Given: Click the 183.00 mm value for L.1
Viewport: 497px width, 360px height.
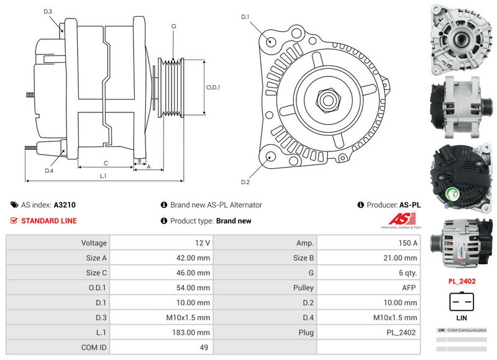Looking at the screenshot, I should (x=194, y=332).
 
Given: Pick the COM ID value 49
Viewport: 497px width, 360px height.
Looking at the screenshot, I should (x=204, y=348).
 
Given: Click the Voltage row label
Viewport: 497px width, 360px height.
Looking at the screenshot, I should (x=94, y=243).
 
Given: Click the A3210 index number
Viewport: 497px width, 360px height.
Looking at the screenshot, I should (x=65, y=205).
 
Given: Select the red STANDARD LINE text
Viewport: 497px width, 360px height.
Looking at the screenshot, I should (x=49, y=221).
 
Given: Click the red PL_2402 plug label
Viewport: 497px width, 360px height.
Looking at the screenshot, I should (x=462, y=281).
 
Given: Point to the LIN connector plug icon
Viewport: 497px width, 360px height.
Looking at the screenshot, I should (x=462, y=302).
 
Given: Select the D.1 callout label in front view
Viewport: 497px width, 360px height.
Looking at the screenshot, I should (x=245, y=17).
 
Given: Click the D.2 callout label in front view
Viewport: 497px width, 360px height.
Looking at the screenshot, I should (x=245, y=182).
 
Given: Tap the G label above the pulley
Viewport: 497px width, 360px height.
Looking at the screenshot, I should (x=174, y=26).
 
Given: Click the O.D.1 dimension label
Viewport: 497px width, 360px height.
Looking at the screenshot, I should (x=214, y=88).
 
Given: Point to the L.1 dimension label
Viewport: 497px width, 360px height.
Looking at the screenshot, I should (x=103, y=176).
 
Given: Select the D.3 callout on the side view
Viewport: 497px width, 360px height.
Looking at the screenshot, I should (x=48, y=12).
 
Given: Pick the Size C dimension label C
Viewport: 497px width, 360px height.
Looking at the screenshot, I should (x=106, y=163).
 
